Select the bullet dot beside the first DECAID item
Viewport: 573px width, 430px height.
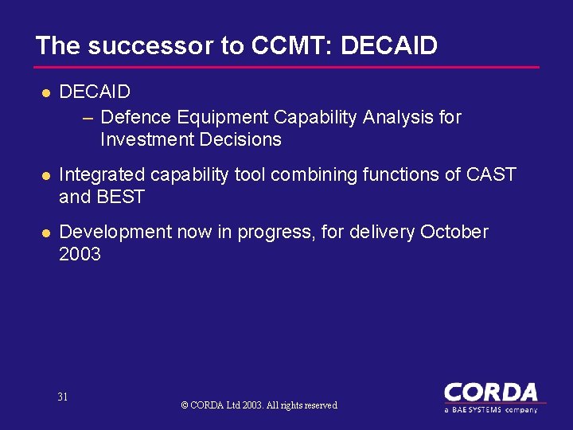[x=46, y=93]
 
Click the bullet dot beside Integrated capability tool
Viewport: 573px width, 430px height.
[x=46, y=175]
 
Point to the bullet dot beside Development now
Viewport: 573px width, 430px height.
[x=46, y=233]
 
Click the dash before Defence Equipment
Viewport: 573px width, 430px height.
[x=88, y=118]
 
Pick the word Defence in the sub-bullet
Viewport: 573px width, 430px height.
[x=136, y=117]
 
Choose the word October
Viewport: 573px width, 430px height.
[x=454, y=232]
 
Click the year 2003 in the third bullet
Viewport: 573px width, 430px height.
[x=80, y=254]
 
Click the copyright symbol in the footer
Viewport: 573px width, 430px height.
[x=185, y=405]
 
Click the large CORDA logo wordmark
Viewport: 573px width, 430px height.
[x=490, y=393]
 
